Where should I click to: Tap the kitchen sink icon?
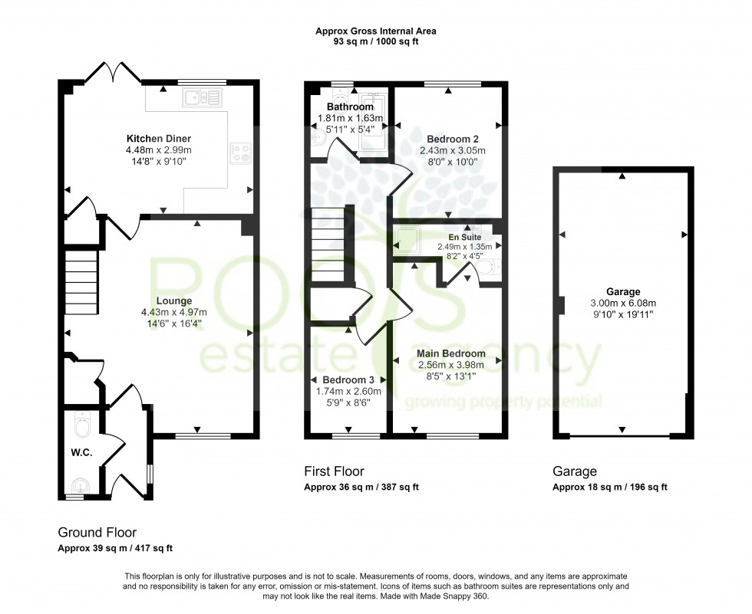(201, 97)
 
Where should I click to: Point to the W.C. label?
(81, 453)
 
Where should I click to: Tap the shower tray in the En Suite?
(411, 240)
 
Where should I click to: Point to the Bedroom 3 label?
(348, 380)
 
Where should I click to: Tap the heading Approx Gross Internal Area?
(376, 31)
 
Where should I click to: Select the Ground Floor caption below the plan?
(97, 532)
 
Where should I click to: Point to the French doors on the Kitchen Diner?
(114, 73)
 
